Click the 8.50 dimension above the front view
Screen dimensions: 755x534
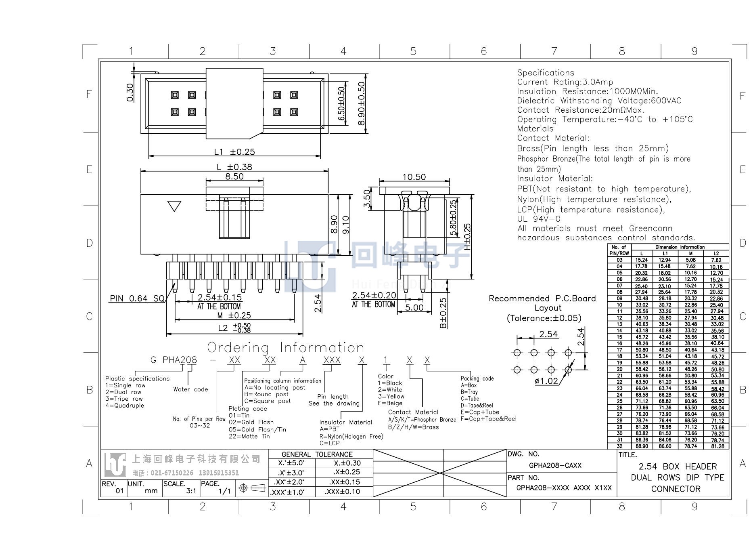click(234, 177)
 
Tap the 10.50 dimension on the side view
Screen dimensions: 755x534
click(414, 177)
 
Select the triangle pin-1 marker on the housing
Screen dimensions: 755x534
click(174, 206)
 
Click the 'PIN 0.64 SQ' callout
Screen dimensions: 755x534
click(137, 299)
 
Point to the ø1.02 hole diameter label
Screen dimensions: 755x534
click(546, 381)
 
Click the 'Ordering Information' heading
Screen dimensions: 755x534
click(286, 347)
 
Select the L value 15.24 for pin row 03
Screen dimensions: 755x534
click(642, 260)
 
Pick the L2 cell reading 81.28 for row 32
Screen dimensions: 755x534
click(717, 446)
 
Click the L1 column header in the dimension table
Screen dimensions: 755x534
click(665, 254)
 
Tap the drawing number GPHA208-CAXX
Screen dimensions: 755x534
click(555, 465)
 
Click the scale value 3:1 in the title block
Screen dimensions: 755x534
click(191, 491)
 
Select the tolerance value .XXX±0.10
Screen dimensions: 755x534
click(342, 492)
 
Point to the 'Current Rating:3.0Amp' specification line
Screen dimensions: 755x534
click(565, 82)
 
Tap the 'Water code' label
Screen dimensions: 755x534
click(190, 389)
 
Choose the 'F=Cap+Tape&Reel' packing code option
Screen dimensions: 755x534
click(488, 419)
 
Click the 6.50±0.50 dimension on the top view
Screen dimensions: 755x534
click(341, 104)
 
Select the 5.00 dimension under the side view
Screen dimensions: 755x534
click(414, 307)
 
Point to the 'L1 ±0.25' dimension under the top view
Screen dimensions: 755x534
click(234, 152)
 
